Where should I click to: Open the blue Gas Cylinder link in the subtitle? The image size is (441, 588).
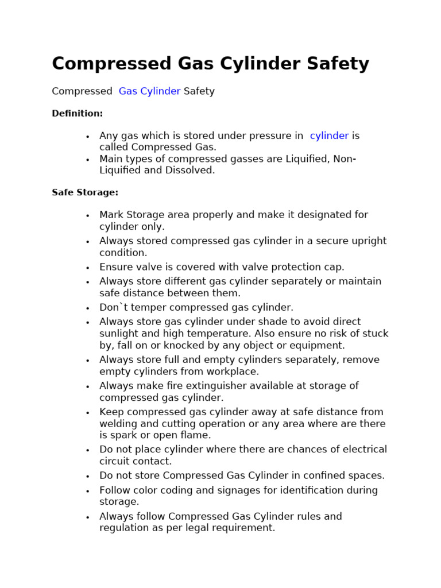(x=149, y=91)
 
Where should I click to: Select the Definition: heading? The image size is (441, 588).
(x=78, y=114)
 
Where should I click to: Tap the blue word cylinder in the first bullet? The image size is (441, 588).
(x=329, y=136)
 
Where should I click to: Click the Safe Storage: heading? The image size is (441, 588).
(x=85, y=193)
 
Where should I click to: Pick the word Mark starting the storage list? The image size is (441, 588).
(x=111, y=215)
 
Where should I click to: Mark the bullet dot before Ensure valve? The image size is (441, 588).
(x=87, y=268)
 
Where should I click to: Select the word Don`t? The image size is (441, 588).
(x=113, y=308)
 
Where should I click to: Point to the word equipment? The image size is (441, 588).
(x=318, y=346)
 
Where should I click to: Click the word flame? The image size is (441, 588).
(x=195, y=436)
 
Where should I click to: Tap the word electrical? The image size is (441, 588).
(x=360, y=450)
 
